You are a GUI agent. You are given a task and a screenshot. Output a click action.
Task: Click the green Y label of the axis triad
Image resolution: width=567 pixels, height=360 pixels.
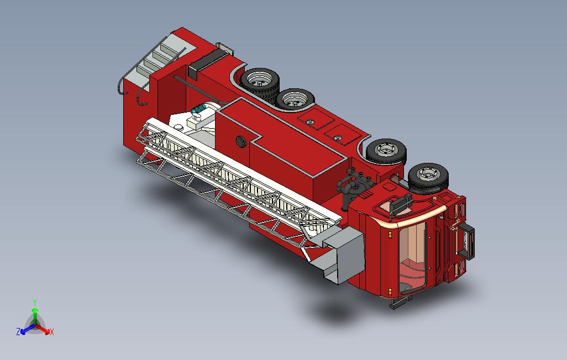[35, 302]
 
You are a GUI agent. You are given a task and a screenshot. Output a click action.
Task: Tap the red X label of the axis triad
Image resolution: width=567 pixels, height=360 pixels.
[52, 332]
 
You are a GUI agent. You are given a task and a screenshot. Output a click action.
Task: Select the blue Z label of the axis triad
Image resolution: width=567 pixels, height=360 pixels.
[18, 331]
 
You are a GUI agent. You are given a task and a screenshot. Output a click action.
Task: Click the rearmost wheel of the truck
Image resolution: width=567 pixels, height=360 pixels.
[260, 81]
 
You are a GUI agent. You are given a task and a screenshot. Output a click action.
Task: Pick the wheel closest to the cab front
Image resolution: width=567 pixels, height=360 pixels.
[428, 177]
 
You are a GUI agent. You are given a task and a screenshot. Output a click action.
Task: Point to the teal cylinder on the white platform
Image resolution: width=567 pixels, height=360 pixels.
[198, 108]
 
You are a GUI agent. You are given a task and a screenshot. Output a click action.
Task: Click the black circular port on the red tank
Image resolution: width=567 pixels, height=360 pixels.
[241, 141]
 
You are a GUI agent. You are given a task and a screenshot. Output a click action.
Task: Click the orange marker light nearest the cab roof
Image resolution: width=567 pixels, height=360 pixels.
[390, 235]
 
